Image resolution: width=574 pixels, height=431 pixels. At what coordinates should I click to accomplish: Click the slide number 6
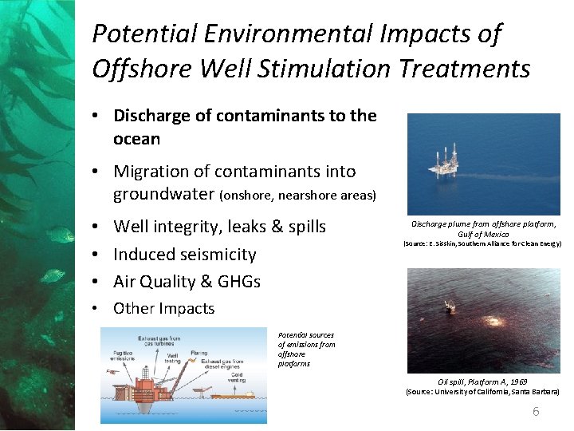pos(536,412)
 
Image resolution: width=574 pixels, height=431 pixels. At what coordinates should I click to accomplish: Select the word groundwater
pos(164,194)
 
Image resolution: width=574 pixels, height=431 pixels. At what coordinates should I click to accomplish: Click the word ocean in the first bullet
pos(137,139)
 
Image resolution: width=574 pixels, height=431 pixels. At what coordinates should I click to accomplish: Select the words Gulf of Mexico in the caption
pos(484,234)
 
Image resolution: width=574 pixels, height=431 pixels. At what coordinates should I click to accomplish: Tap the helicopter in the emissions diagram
pos(116,372)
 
